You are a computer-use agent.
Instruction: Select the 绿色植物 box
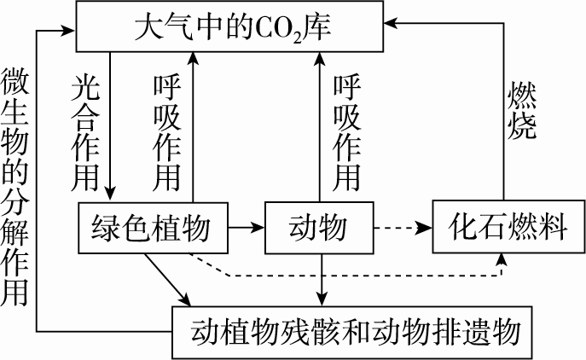[153, 228]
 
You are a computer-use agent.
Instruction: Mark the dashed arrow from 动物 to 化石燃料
[403, 228]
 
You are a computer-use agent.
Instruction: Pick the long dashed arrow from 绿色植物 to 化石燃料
[358, 276]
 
